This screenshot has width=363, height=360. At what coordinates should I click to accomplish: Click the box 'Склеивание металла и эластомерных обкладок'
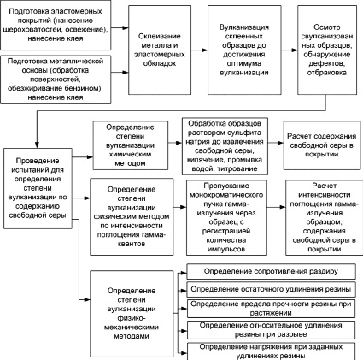pyautogui.click(x=160, y=50)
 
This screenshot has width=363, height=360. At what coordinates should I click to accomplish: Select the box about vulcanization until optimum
pyautogui.click(x=244, y=50)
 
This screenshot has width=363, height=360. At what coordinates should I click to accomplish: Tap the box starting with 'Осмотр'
pyautogui.click(x=327, y=50)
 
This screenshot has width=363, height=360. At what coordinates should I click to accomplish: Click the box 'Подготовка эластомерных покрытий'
pyautogui.click(x=56, y=25)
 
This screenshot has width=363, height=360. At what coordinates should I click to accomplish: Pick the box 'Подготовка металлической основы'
pyautogui.click(x=56, y=80)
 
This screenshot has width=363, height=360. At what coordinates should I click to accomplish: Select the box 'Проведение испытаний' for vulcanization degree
pyautogui.click(x=38, y=188)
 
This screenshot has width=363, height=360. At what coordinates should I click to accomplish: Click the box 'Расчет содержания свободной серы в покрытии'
pyautogui.click(x=322, y=145)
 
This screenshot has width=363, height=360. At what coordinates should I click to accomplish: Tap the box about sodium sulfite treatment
pyautogui.click(x=225, y=146)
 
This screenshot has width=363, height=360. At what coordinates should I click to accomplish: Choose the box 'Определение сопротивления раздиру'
pyautogui.click(x=271, y=271)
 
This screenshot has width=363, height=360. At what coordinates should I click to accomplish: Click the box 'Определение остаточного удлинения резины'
pyautogui.click(x=271, y=289)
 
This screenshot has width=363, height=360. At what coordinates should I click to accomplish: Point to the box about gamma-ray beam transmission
pyautogui.click(x=226, y=217)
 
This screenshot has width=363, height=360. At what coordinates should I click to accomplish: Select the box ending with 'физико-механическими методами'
pyautogui.click(x=132, y=314)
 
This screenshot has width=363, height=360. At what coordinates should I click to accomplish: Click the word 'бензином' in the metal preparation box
pyautogui.click(x=82, y=88)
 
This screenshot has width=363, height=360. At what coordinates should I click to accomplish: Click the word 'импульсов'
pyautogui.click(x=226, y=249)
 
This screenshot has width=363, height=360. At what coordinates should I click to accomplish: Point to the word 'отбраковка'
pyautogui.click(x=327, y=73)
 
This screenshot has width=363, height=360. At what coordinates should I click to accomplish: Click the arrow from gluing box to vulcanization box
pyautogui.click(x=199, y=50)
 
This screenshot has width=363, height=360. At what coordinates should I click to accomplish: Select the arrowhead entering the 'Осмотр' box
pyautogui.click(x=295, y=50)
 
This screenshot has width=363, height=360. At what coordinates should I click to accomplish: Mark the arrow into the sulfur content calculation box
pyautogui.click(x=276, y=143)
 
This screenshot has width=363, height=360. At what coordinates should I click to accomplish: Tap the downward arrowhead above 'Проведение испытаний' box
pyautogui.click(x=37, y=145)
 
